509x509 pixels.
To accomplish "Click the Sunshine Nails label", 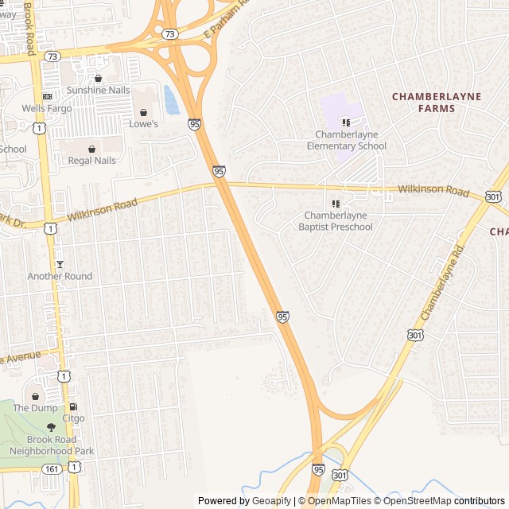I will (x=98, y=90).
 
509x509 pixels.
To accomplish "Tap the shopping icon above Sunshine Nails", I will (x=98, y=78).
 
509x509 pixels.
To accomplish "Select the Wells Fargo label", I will (x=44, y=108).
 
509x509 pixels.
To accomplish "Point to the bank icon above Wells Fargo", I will (x=46, y=96).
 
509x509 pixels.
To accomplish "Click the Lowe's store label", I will (x=144, y=124).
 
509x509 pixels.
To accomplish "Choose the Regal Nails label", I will (x=91, y=161).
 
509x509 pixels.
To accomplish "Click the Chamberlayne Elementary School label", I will (x=347, y=140).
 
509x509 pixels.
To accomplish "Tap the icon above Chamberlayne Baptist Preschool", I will (x=335, y=204).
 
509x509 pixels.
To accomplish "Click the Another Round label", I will (x=60, y=276).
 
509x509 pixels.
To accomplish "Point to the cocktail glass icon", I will (x=59, y=264).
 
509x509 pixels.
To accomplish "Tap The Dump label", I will (x=35, y=408).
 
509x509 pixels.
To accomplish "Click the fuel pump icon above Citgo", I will (x=73, y=406).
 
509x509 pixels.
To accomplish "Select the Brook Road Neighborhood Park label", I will (x=52, y=445).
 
